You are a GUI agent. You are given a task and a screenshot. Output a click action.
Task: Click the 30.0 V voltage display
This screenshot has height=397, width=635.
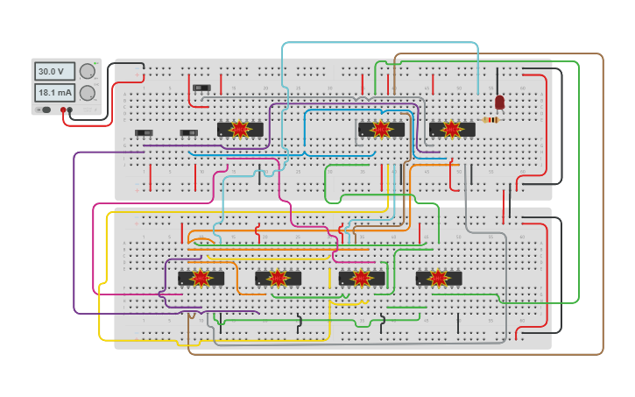coord(54,72)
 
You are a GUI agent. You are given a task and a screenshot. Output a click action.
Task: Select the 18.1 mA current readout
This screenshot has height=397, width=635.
coord(54,92)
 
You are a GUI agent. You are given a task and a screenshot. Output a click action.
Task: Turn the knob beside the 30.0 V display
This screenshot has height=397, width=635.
coord(88,72)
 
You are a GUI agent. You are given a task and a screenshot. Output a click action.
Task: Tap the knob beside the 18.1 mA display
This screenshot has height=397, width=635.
coord(88,93)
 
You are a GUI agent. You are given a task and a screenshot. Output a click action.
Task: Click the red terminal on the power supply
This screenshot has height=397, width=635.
coord(63,110)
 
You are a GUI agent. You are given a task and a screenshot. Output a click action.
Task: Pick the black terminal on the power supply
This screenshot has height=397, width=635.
coord(70,110)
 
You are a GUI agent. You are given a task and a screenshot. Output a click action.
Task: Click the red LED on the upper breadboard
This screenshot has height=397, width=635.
coord(499,103)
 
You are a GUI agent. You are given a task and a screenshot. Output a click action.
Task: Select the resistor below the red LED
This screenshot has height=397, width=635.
coord(492,120)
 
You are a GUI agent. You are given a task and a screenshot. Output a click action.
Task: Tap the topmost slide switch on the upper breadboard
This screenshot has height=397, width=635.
coord(202,88)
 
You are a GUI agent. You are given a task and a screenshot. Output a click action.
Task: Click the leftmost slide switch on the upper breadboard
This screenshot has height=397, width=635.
coord(144,133)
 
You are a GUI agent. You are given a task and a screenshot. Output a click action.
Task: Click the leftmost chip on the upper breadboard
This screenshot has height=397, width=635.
coord(239,130)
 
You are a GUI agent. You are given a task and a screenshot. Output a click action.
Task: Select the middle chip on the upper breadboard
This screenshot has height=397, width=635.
coord(381,130)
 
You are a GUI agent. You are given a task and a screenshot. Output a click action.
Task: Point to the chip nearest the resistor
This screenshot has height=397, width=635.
coord(452,130)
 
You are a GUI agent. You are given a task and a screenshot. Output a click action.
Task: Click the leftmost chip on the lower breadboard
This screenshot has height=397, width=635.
coord(201,278)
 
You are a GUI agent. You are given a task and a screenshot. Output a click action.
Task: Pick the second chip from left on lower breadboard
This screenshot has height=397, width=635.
coord(278,278)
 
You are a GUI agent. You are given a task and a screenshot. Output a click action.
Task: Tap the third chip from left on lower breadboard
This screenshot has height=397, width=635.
coord(362,278)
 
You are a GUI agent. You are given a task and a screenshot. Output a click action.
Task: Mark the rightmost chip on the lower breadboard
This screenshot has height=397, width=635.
coord(438,278)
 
